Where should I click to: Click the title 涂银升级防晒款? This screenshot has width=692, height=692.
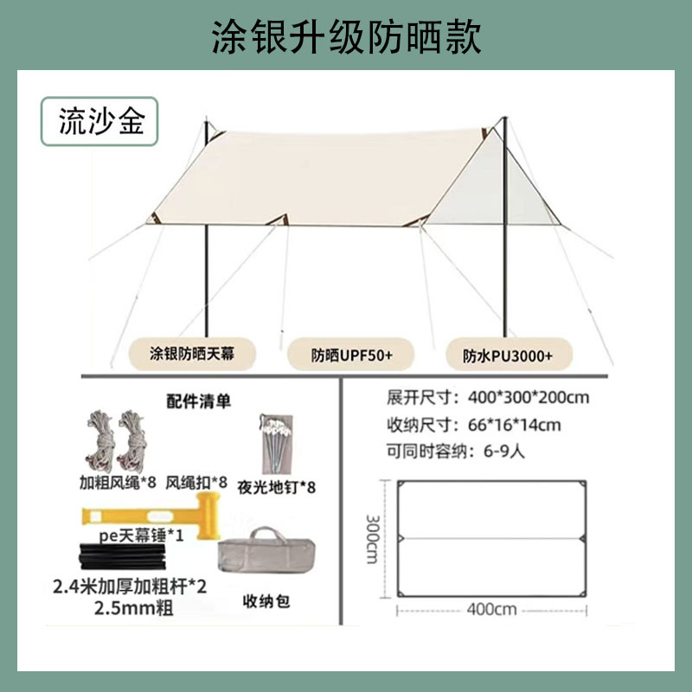pos(346,36)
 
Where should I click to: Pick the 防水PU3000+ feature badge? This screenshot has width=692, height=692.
pos(507,353)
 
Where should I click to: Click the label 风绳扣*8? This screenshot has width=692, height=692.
pos(196,482)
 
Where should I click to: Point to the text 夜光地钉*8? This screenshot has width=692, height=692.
pos(276,488)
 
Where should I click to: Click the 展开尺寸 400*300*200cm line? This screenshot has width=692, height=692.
pos(489,399)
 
